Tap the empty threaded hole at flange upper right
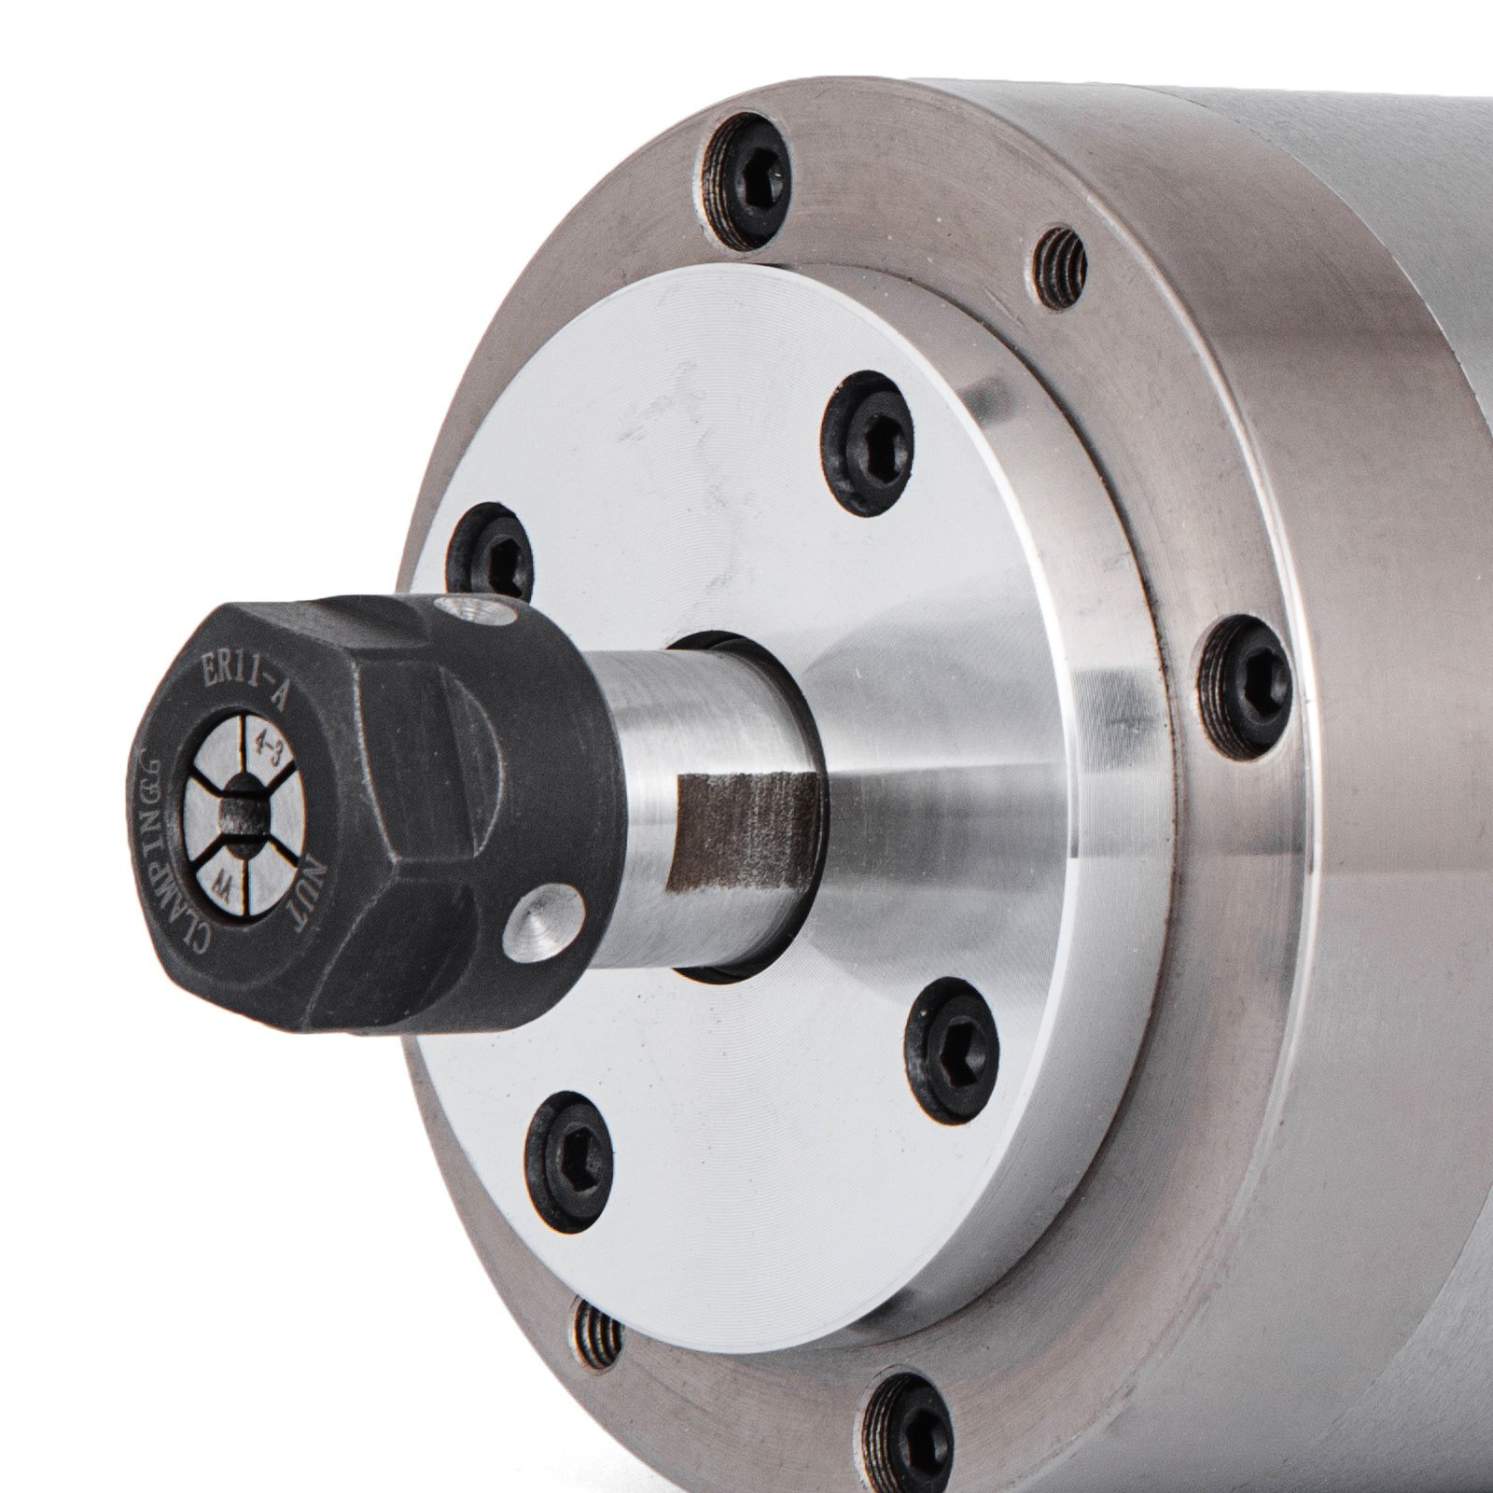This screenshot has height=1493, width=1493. pos(1061,267)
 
